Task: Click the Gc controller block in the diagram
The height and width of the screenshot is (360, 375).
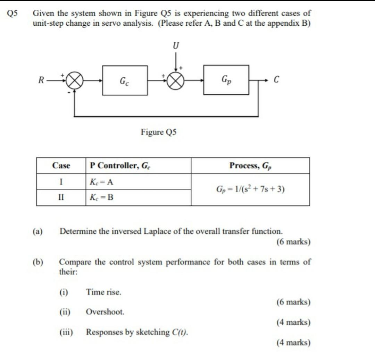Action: click(x=125, y=80)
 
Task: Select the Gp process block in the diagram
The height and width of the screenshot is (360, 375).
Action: click(x=226, y=80)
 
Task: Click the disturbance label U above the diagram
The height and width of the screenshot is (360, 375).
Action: click(x=176, y=46)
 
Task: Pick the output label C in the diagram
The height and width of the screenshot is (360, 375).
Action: click(x=276, y=80)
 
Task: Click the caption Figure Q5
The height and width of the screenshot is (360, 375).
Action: click(x=159, y=132)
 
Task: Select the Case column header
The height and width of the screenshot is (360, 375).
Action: click(x=61, y=166)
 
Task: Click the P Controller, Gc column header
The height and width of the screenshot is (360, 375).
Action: click(x=120, y=166)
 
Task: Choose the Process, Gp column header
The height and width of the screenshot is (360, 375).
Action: click(x=250, y=166)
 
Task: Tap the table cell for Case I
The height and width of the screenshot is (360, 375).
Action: click(x=61, y=182)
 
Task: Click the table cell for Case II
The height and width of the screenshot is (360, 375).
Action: click(x=61, y=198)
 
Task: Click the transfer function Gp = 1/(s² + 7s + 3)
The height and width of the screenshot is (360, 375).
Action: click(x=250, y=190)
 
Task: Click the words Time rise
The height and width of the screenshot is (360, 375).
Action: click(x=104, y=292)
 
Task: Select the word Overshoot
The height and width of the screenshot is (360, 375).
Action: click(x=105, y=312)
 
